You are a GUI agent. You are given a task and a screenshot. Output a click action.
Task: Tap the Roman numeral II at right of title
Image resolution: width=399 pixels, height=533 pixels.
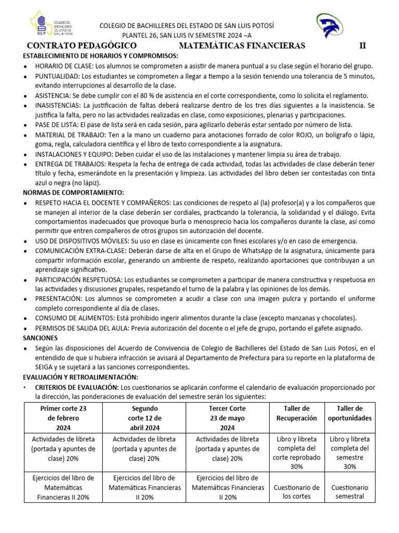[x=363, y=46]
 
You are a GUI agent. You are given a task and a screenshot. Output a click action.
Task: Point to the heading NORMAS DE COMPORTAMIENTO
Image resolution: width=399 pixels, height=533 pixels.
[x=73, y=193]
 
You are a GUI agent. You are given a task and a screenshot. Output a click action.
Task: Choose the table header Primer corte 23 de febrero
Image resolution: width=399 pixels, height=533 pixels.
[x=63, y=418]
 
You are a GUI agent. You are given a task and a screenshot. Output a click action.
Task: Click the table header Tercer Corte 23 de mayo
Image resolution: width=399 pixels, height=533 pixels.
[x=227, y=418]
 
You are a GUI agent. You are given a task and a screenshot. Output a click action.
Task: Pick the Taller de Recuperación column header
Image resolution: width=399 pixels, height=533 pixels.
[x=296, y=413]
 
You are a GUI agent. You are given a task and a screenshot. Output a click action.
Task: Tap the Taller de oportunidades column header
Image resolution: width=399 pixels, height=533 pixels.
[x=350, y=413]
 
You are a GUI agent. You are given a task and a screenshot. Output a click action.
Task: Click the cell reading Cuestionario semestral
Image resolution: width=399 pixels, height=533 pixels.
[x=350, y=492]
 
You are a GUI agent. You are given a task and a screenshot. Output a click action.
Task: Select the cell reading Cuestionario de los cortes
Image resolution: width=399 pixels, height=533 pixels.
[x=296, y=492]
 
